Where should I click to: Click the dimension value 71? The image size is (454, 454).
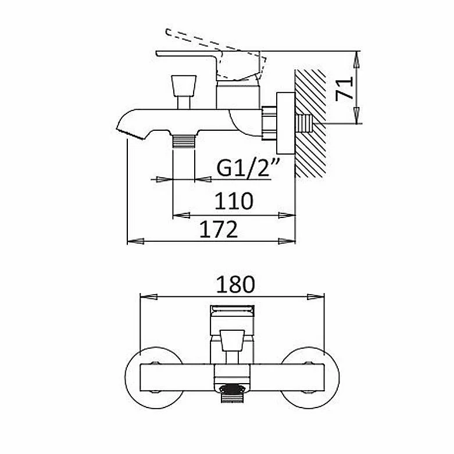(x=344, y=89)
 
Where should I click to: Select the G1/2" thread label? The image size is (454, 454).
(x=248, y=168)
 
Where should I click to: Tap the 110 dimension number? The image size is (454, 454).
(x=234, y=201)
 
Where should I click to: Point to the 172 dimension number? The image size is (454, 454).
(x=219, y=229)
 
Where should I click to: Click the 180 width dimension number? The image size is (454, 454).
(x=235, y=284)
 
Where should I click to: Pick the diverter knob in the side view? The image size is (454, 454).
(x=184, y=92)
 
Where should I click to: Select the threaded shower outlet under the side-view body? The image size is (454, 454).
(x=184, y=141)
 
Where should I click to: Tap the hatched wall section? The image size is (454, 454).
(x=310, y=123)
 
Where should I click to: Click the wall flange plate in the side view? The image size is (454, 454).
(x=285, y=123)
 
